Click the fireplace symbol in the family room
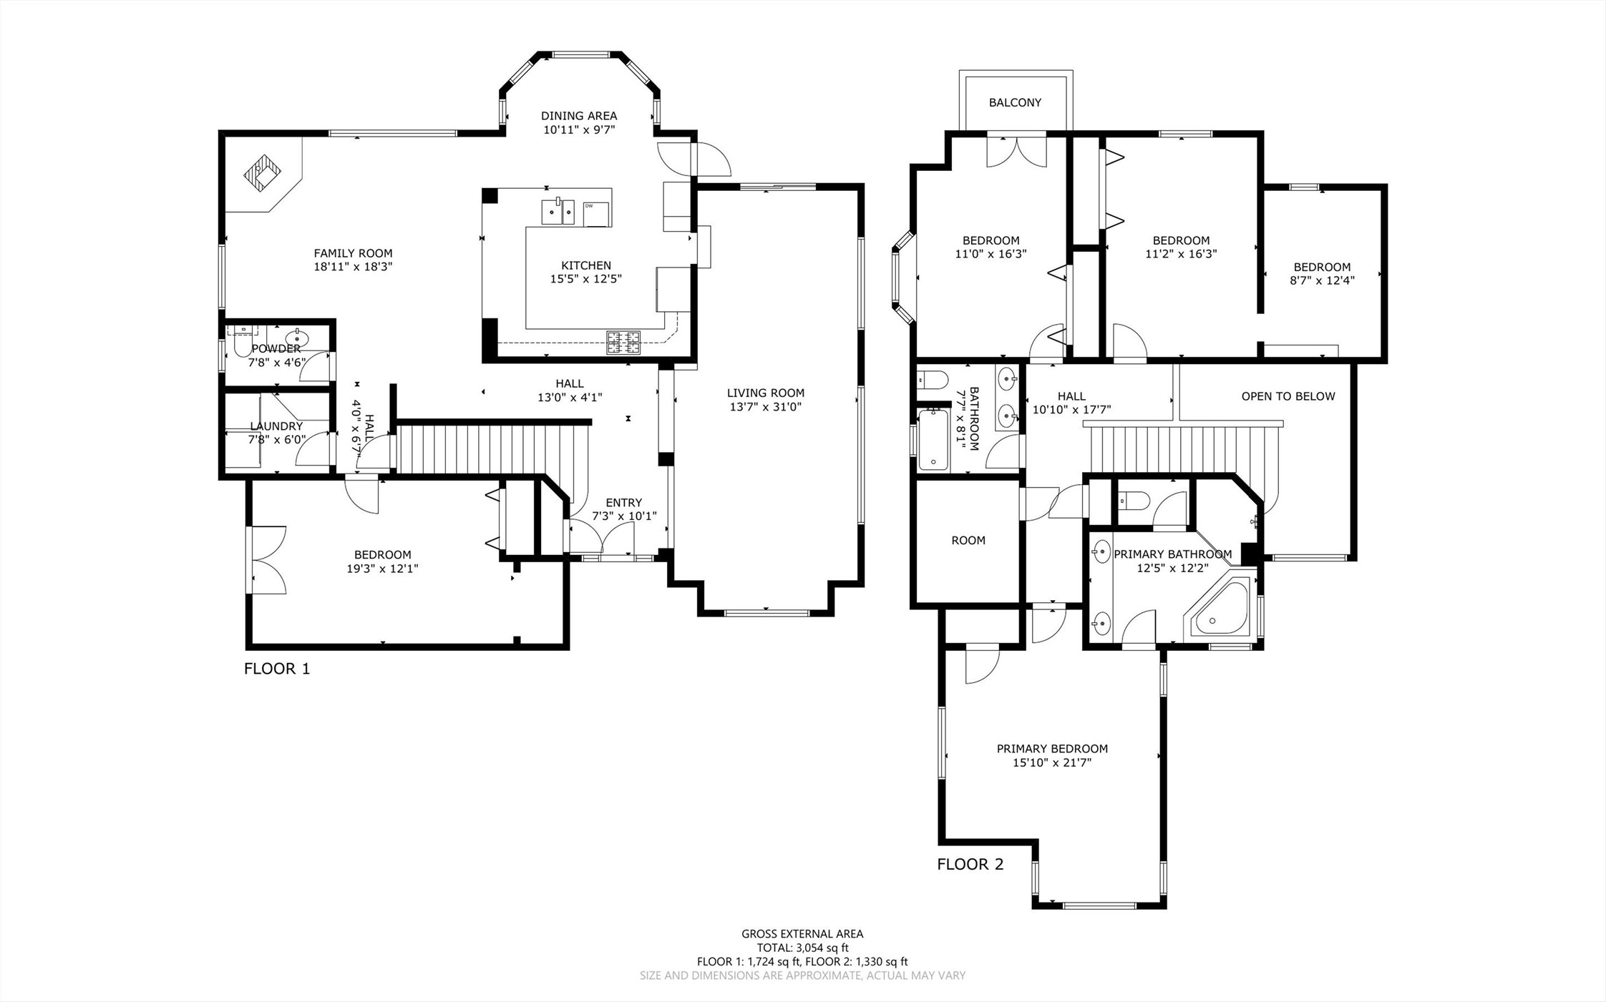[263, 172]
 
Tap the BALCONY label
[1015, 102]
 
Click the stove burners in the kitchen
[623, 343]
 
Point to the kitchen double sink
[558, 212]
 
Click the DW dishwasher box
[596, 214]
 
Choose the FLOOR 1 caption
[277, 669]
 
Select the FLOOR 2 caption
[970, 864]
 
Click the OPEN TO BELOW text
[1288, 396]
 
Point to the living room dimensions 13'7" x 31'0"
[766, 407]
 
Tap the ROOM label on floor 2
[968, 541]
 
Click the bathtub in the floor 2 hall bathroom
[933, 439]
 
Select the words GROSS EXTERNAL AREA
[802, 933]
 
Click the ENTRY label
[624, 503]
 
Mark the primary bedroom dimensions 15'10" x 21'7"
[1052, 763]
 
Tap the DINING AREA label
[579, 116]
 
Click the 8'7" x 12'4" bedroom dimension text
[1322, 280]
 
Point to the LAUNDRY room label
[276, 426]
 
